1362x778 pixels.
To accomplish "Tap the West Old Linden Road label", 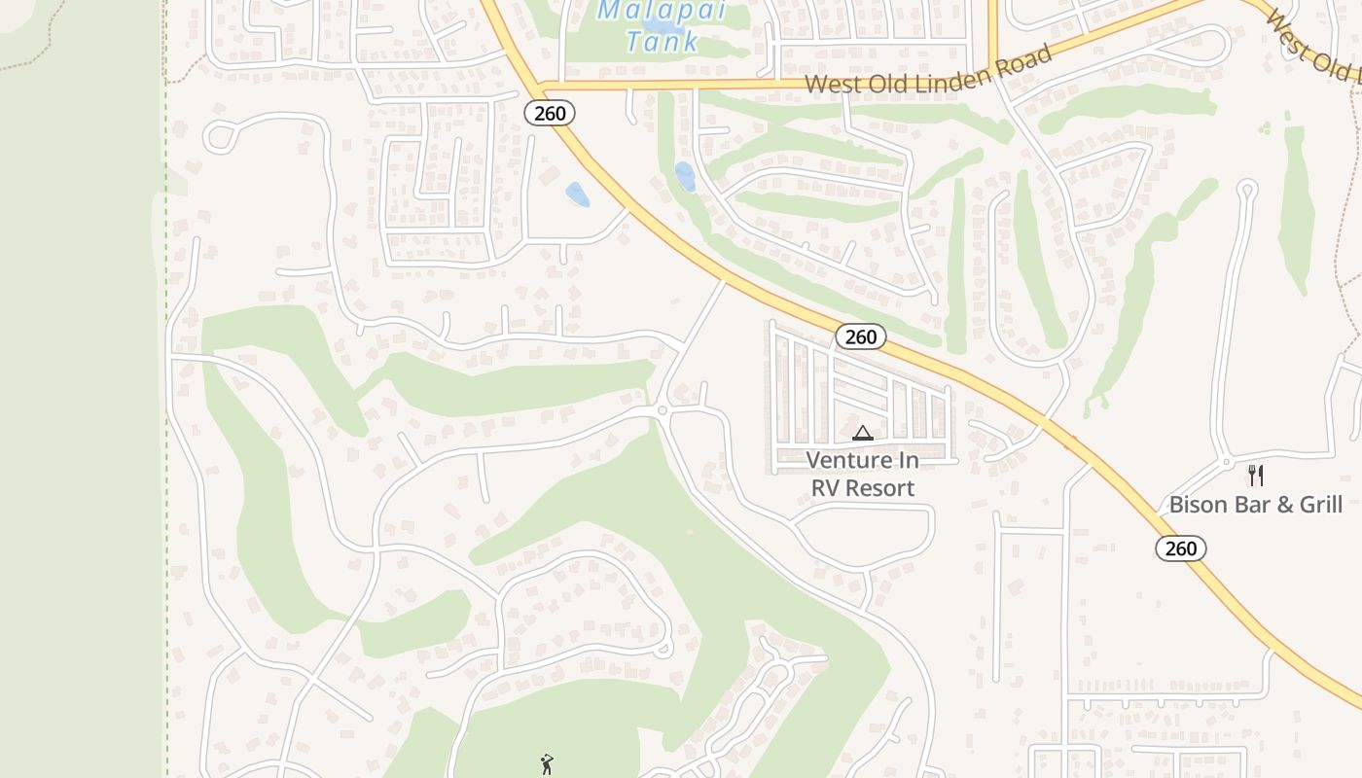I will (929, 70).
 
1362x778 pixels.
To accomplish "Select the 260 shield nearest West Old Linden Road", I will (550, 113).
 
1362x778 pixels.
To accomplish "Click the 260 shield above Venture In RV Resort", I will (861, 336).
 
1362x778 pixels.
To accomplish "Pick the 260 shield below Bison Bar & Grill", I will (1181, 548).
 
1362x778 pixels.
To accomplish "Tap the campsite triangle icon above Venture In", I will (862, 433).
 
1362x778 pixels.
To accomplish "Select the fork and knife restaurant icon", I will (1256, 476).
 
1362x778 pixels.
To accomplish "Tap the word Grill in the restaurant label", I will (1316, 505).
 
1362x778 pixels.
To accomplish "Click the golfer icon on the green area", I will (546, 764).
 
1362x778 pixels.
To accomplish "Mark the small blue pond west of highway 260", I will (577, 194).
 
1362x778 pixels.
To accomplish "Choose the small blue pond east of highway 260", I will (686, 176).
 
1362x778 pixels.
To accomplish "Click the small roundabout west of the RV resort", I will (663, 410).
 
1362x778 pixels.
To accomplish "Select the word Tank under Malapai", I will (663, 42).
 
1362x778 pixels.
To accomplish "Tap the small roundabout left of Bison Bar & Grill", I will (1227, 461).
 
